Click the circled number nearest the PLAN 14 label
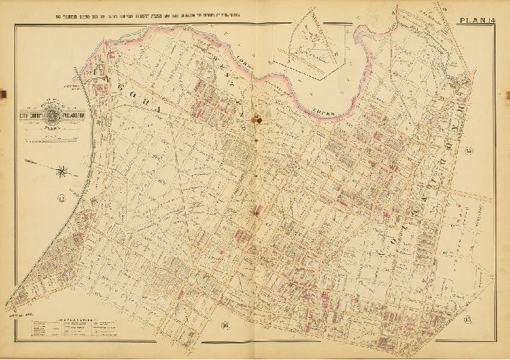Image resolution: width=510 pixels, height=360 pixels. coord(468,150)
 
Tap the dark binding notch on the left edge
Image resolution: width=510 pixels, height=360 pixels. coord(3,93)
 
